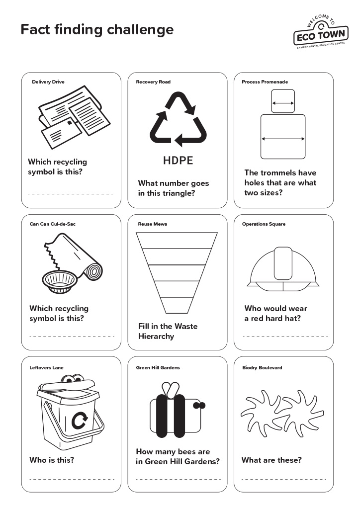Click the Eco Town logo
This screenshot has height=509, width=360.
tap(321, 32)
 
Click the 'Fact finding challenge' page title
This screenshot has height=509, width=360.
tap(97, 29)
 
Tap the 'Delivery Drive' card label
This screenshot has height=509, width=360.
tap(48, 82)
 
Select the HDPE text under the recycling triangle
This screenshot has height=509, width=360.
tap(178, 161)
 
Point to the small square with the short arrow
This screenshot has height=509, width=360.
tap(283, 101)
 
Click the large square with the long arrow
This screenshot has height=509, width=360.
tap(283, 137)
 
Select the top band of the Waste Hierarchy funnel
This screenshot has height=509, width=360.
tap(177, 241)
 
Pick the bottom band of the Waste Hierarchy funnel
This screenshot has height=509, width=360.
tap(177, 305)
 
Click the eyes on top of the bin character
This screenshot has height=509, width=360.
tap(74, 381)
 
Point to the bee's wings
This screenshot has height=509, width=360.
tap(172, 389)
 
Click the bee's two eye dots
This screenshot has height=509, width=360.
tap(199, 406)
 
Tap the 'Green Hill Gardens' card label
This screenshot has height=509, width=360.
tap(158, 368)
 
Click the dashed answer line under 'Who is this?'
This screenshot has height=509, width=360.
tap(72, 479)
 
